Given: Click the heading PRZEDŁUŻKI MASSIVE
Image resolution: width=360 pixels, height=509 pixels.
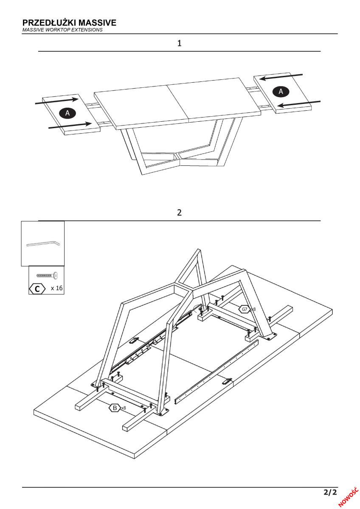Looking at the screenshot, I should [x=69, y=22].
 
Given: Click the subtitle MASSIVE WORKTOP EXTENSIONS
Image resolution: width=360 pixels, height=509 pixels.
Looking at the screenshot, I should [x=62, y=30].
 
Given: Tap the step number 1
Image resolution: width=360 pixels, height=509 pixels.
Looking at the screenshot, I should [x=180, y=43].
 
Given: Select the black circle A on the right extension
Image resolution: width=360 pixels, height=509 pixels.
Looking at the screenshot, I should [x=281, y=90].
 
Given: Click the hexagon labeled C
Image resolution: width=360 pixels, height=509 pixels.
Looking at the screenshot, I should [x=37, y=289].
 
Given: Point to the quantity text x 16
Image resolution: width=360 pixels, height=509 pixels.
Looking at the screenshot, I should [x=56, y=288].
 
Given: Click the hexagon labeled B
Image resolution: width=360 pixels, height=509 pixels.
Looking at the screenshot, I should [x=115, y=408].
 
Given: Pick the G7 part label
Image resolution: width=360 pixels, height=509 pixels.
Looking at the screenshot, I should [x=244, y=309].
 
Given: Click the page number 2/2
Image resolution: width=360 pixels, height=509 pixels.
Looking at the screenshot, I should [x=330, y=492].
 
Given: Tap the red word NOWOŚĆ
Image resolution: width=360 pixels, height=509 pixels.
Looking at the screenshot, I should [x=349, y=496].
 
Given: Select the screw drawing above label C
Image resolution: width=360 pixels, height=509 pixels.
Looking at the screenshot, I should [x=47, y=275].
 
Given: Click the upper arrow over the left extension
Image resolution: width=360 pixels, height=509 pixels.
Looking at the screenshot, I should [x=57, y=101].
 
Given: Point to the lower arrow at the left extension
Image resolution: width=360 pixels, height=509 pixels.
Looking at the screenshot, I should [x=70, y=125].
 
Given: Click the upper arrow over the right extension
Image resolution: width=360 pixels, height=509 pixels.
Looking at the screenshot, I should [x=281, y=77].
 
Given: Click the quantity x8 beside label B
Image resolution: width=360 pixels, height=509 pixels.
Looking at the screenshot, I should [x=124, y=408].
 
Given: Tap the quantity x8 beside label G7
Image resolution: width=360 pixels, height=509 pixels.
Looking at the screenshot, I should [x=253, y=310].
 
